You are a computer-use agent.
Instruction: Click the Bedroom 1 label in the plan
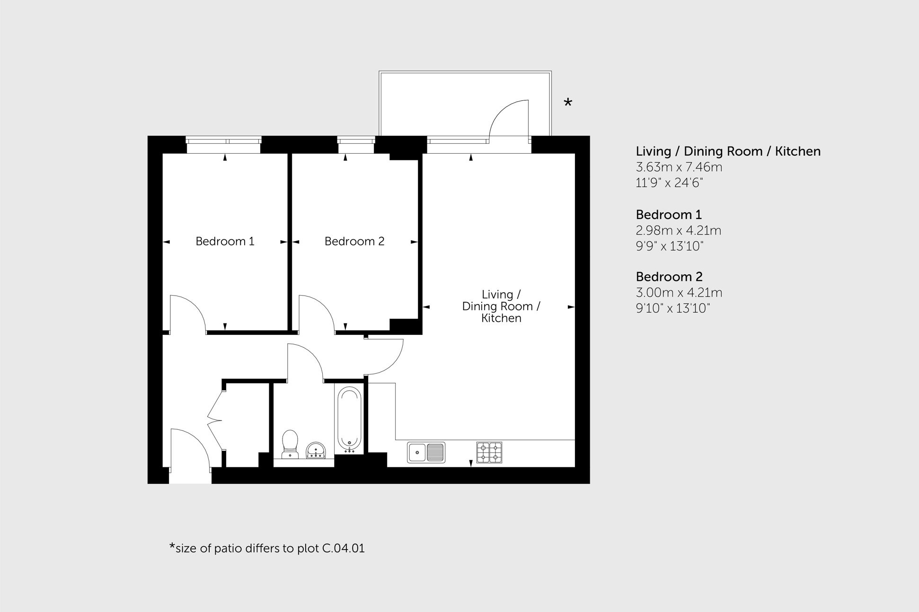[x=225, y=242]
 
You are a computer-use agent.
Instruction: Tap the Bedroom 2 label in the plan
[x=354, y=242]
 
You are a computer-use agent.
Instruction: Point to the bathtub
[x=349, y=419]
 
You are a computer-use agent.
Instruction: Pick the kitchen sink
[x=426, y=453]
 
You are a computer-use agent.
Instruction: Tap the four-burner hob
[x=489, y=453]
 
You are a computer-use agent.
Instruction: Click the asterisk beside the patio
[x=568, y=103]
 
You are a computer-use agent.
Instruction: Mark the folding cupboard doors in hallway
[x=215, y=419]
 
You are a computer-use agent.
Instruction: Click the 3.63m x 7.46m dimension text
[x=679, y=167]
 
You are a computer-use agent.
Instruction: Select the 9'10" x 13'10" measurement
[x=672, y=308]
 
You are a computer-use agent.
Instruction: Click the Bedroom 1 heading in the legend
[x=668, y=215]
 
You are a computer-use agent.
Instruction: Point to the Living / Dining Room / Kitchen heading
[x=728, y=151]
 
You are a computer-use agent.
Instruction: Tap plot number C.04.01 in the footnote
[x=343, y=549]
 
